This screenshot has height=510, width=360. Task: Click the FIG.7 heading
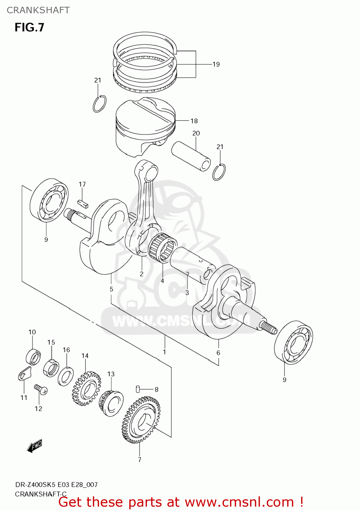click(29, 28)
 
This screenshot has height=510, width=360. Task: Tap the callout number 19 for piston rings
click(216, 64)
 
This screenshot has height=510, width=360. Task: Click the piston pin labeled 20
click(191, 156)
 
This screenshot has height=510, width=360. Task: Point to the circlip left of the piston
click(99, 104)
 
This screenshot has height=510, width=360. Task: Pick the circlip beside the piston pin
click(219, 172)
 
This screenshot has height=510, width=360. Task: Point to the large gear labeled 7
click(141, 420)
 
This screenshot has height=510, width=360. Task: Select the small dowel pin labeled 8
click(138, 389)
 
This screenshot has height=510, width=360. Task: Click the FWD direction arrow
click(34, 446)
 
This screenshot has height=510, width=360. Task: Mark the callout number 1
click(164, 352)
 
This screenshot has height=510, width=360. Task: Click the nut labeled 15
click(51, 368)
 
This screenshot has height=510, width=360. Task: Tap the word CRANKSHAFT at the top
click(38, 10)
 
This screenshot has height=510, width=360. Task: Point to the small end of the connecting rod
click(146, 170)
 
